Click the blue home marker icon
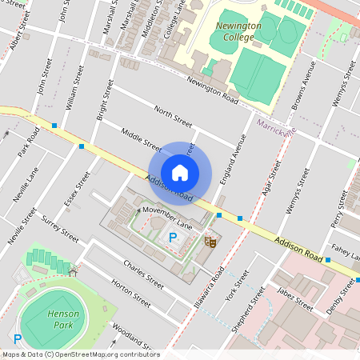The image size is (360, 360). click(x=180, y=173)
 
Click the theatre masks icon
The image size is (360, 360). click(x=211, y=240)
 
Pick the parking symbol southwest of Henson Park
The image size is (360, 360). click(x=17, y=340)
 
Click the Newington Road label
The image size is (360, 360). click(x=212, y=89)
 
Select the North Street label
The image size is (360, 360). click(x=174, y=117)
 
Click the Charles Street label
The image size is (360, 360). click(x=143, y=274)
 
